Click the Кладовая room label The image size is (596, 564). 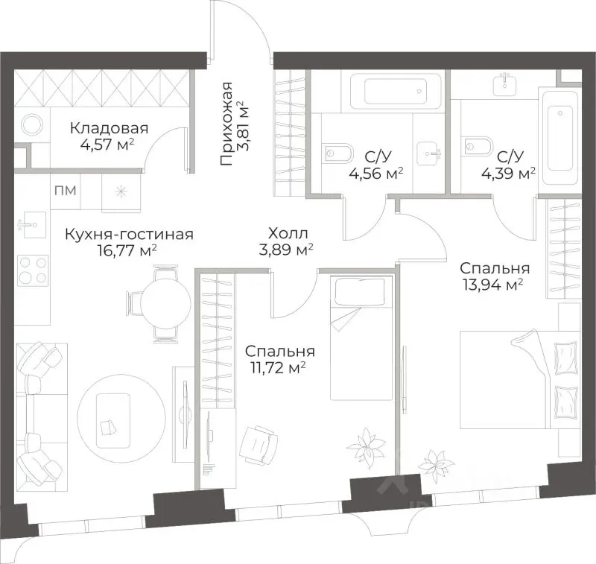(109, 128)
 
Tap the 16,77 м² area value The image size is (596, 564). (127, 251)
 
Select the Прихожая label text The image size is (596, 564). (226, 124)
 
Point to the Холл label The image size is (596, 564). (288, 233)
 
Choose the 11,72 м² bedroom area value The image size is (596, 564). (278, 367)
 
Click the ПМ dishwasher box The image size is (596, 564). (66, 190)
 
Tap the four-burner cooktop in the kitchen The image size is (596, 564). (33, 270)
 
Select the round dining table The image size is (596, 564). (165, 303)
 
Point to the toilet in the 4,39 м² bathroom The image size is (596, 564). (478, 145)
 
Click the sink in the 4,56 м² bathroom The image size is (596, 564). (429, 154)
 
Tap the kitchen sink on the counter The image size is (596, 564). (32, 224)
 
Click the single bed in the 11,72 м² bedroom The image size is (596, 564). (361, 338)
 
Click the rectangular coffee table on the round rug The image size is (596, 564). (113, 421)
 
